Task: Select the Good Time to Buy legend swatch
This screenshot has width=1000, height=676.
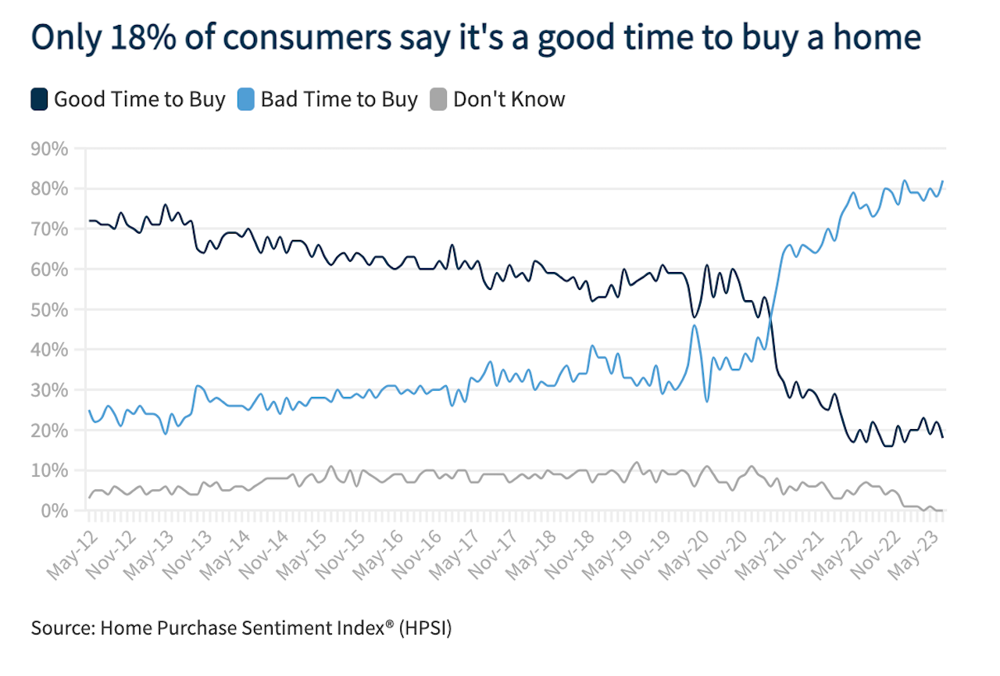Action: click(40, 100)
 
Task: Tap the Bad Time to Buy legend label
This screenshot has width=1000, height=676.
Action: click(339, 100)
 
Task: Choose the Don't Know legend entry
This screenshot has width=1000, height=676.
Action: click(509, 100)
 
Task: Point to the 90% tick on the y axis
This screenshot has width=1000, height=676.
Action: click(49, 148)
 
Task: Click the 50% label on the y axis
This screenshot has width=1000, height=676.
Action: click(49, 309)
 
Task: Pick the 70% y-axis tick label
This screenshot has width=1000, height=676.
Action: click(49, 229)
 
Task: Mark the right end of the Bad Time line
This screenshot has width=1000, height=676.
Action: click(943, 181)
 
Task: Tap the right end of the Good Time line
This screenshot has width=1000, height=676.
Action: click(943, 437)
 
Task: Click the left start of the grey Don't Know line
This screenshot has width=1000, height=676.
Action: click(89, 498)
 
